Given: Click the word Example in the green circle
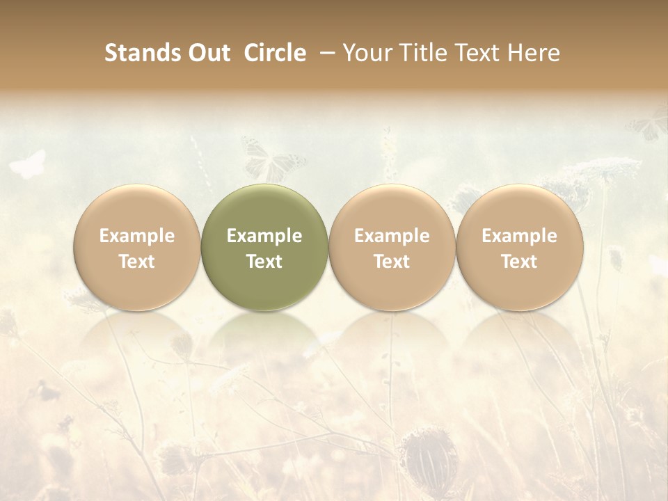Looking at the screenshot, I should (264, 236).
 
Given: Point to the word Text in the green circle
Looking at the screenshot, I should (264, 262).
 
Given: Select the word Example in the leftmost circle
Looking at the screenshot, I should (137, 236).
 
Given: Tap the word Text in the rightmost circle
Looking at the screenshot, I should (520, 262).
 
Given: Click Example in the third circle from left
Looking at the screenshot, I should (392, 236).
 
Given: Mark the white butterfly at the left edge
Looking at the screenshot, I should (28, 165).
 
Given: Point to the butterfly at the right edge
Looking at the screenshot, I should (649, 125).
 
